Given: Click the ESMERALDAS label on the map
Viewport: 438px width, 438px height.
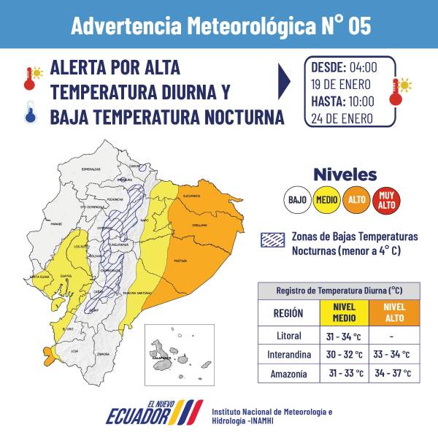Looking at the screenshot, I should pyautogui.click(x=91, y=169).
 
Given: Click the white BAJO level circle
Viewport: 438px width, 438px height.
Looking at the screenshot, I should pyautogui.click(x=298, y=199).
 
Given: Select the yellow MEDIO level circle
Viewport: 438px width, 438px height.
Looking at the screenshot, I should pyautogui.click(x=326, y=199).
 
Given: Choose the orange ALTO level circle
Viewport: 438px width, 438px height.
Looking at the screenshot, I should pyautogui.click(x=356, y=199).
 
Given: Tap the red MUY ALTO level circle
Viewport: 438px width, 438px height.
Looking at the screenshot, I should pyautogui.click(x=385, y=199).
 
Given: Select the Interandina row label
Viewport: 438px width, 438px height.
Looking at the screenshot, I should pyautogui.click(x=287, y=354).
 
